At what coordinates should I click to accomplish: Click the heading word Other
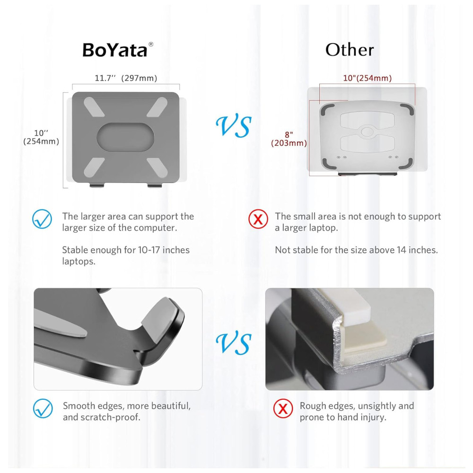[350, 50]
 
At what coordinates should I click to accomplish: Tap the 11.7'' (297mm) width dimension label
[126, 78]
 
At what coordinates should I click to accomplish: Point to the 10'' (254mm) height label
[41, 137]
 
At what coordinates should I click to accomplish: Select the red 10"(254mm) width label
[368, 78]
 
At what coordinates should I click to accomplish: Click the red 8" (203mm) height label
[289, 139]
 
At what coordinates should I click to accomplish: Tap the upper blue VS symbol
[234, 126]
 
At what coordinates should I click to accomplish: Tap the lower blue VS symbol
[234, 343]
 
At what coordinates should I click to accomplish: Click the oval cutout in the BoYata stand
[125, 137]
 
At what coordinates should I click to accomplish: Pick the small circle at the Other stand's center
[368, 131]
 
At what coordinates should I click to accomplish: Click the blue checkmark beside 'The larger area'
[42, 219]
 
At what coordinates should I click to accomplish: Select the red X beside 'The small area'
[258, 219]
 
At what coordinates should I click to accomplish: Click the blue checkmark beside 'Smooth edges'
[43, 409]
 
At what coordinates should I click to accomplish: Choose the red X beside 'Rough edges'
[283, 409]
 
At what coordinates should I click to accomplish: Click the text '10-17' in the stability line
[149, 250]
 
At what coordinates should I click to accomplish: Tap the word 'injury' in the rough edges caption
[372, 418]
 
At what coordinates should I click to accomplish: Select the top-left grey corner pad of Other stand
[327, 109]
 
